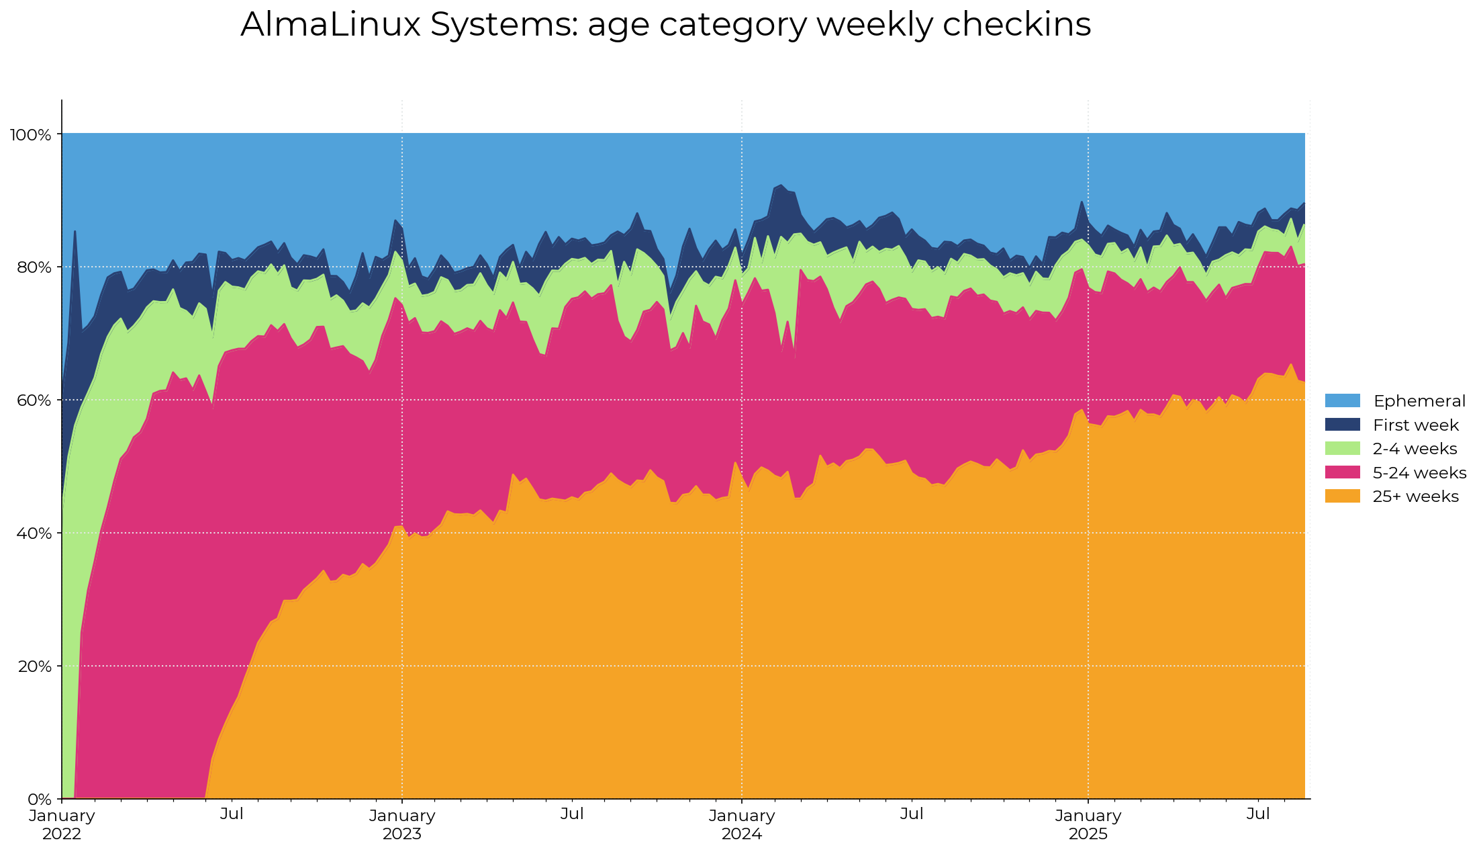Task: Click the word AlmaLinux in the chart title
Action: click(x=330, y=25)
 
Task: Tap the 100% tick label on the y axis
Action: click(x=30, y=135)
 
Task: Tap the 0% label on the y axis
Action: click(x=40, y=800)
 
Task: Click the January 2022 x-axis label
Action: click(x=62, y=824)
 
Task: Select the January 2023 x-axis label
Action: click(x=402, y=824)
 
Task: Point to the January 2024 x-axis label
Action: click(x=742, y=824)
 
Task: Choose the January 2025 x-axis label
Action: click(x=1088, y=824)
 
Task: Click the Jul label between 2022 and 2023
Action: click(x=232, y=814)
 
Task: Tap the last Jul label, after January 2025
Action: click(x=1258, y=814)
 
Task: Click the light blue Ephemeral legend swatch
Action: click(x=1342, y=401)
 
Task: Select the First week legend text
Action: click(x=1416, y=425)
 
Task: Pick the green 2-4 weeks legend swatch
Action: click(x=1342, y=449)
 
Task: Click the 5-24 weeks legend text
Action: click(x=1419, y=473)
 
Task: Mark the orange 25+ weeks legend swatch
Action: click(x=1342, y=497)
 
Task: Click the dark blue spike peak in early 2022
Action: click(x=75, y=232)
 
